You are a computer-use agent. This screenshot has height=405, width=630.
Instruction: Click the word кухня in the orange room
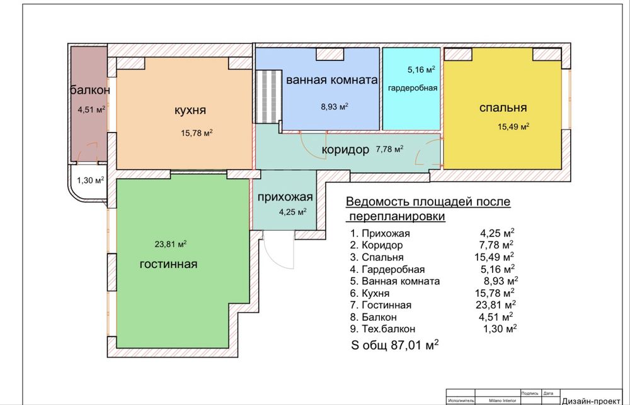[190, 110]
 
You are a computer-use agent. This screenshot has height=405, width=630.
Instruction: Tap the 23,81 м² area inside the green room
[170, 244]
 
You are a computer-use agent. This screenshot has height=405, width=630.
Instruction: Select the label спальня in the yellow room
[503, 108]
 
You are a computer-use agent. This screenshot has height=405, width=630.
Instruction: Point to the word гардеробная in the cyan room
[413, 88]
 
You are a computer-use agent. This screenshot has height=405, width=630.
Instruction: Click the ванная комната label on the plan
[332, 80]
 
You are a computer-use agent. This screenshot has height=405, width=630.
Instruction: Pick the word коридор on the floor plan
[345, 150]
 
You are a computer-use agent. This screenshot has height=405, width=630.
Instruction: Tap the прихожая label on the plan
[285, 197]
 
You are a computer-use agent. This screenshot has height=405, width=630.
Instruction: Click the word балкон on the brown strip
[90, 90]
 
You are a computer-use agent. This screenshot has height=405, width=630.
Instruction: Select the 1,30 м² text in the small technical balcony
[90, 180]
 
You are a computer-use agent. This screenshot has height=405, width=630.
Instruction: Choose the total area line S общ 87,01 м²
[394, 345]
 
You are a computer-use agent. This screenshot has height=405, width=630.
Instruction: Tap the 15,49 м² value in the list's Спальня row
[494, 257]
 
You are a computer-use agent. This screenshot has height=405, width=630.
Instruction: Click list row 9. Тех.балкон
[382, 329]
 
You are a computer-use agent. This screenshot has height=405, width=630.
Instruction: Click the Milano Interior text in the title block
[502, 401]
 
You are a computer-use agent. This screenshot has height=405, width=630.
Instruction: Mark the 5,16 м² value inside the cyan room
[421, 69]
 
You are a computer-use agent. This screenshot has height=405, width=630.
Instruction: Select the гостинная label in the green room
[168, 264]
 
